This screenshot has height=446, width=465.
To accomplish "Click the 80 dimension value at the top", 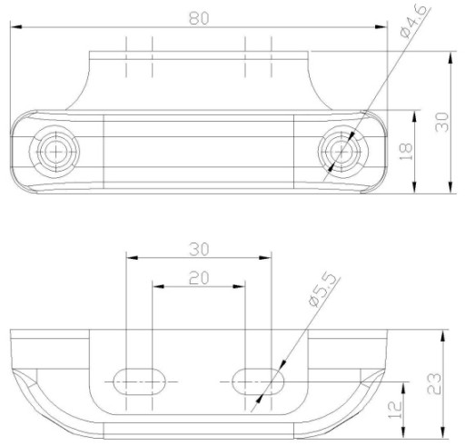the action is tap(199, 18).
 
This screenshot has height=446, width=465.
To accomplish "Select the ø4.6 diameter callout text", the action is tap(413, 21).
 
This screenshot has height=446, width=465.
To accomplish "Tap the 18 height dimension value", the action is tap(406, 152).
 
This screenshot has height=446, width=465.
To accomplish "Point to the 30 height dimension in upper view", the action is tap(441, 122).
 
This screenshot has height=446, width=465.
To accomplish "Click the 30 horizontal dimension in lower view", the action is tap(199, 250).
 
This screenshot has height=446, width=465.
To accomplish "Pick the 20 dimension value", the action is tap(199, 278).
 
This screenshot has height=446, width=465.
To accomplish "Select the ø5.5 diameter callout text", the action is tap(322, 291).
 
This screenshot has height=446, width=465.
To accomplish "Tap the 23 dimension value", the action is tap(434, 383).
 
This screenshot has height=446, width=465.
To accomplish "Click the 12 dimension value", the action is tap(395, 410).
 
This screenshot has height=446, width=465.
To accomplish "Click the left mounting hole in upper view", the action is tap(55, 152).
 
